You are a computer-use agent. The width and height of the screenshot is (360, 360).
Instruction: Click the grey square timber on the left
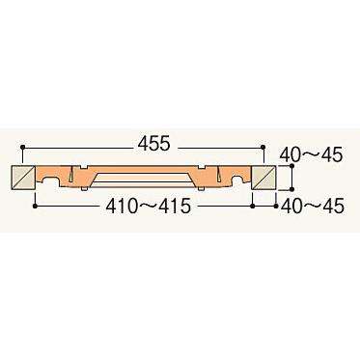click(23, 178)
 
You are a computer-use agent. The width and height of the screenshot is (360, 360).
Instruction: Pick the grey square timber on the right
click(263, 178)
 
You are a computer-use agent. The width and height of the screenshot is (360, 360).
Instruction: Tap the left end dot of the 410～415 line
click(36, 205)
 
